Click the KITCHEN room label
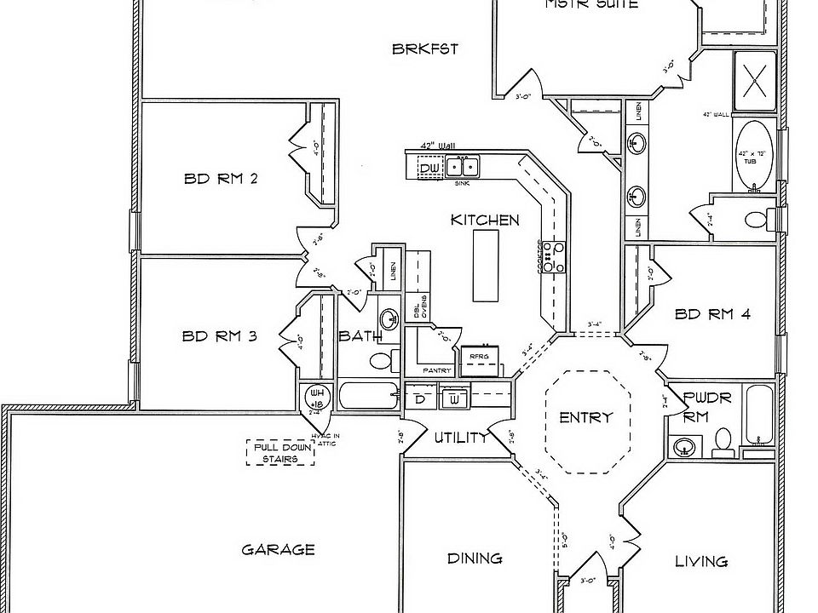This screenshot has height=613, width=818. [x=485, y=221]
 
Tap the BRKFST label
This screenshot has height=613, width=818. [x=425, y=49]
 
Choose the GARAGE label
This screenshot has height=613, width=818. [x=279, y=550]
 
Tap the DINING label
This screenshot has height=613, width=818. [x=475, y=559]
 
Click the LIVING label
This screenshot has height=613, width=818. [x=701, y=561]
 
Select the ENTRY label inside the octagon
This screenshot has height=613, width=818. [x=585, y=418]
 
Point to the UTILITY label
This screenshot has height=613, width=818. [x=460, y=438]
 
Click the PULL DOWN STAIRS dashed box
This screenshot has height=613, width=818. [x=279, y=452]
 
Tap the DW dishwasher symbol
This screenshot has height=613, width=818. [x=431, y=169]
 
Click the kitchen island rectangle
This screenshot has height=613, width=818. [x=487, y=265]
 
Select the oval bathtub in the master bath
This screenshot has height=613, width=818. [x=753, y=157]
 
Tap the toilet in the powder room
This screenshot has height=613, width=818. [x=723, y=440]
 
